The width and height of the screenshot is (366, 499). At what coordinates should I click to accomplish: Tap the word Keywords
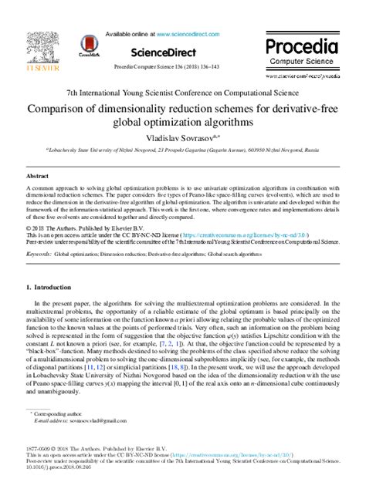pos(38,231)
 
